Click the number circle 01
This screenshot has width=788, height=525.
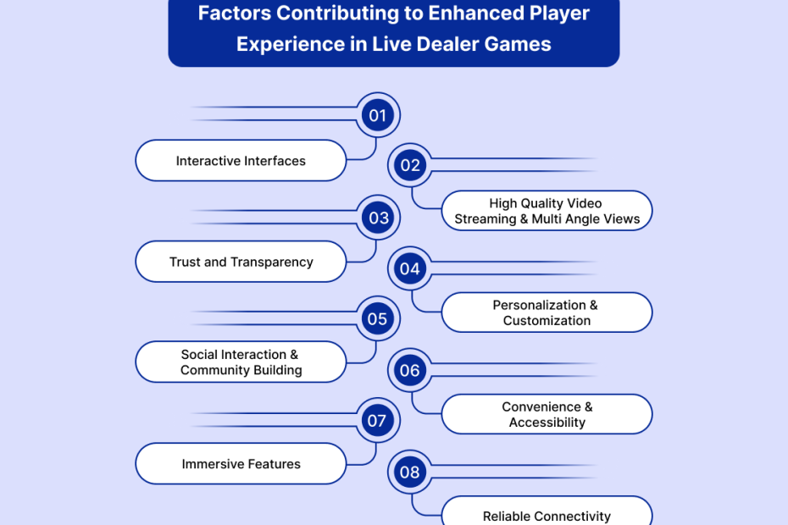[377, 116]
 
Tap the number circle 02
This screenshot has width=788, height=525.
[410, 165]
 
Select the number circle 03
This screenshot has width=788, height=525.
[378, 218]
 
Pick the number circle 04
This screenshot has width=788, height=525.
[410, 269]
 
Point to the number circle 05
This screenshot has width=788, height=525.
[377, 319]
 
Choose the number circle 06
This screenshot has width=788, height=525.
[410, 370]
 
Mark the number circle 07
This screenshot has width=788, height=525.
[377, 421]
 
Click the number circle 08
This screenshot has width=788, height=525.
[410, 472]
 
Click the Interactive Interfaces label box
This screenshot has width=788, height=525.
[241, 161]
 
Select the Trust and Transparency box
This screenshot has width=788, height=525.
[241, 262]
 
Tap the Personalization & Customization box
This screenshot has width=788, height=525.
[547, 312]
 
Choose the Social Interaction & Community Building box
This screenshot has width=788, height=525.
[241, 362]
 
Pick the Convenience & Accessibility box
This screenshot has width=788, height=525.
[547, 414]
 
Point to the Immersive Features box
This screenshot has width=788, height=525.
[241, 464]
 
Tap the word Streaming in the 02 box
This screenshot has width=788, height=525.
[485, 218]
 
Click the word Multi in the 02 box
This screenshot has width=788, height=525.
[552, 218]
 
